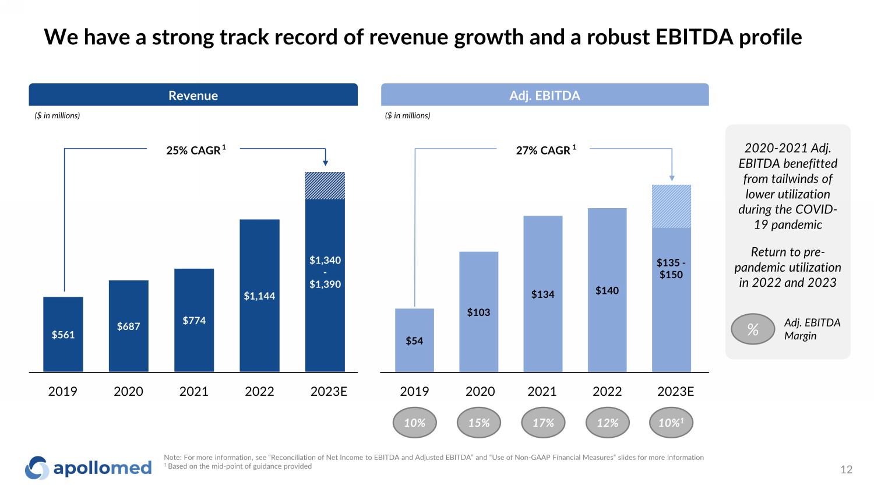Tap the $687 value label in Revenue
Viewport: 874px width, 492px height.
click(128, 326)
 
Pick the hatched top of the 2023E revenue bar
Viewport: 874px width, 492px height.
click(325, 186)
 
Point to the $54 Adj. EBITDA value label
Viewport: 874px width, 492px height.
click(414, 341)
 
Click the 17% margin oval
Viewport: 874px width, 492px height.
click(543, 423)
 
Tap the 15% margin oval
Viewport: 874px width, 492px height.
click(479, 423)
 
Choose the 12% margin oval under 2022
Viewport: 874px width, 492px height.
click(607, 423)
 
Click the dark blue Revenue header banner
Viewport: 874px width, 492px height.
click(193, 95)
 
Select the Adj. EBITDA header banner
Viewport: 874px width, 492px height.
click(545, 95)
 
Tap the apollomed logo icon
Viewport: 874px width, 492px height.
click(37, 468)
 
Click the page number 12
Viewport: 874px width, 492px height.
click(846, 469)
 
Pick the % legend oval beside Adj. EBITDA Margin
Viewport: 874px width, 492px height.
click(753, 329)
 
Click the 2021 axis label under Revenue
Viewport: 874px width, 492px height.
click(193, 391)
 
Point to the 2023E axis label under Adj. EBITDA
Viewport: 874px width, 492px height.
click(675, 391)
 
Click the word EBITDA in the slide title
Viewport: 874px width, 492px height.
click(694, 37)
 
